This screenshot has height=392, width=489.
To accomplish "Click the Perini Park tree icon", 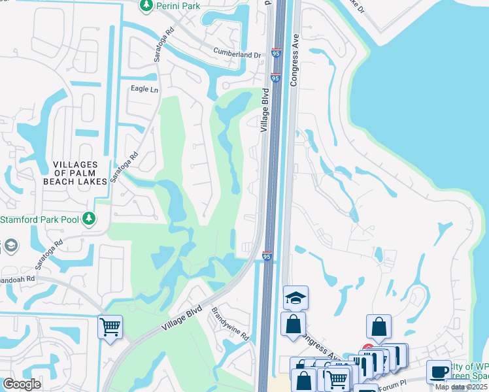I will click(x=145, y=5).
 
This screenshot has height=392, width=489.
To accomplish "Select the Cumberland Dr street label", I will click(x=237, y=55).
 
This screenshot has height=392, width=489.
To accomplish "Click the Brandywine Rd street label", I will click(x=230, y=325).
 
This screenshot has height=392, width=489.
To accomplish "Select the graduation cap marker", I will click(x=295, y=298).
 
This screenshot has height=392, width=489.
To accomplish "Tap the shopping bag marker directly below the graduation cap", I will click(x=294, y=323).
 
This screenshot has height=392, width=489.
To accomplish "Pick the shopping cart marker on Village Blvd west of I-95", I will click(x=110, y=326).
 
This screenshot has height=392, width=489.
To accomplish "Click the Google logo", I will click(x=22, y=384).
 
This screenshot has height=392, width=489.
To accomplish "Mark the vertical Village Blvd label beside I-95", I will click(x=265, y=110).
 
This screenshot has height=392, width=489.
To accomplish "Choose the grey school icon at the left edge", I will click(x=10, y=246).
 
